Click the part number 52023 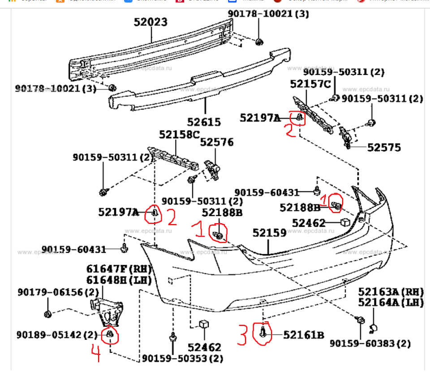coord(150,22)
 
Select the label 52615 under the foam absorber coord(204,121)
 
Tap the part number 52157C coord(310,84)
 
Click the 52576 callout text coord(217,142)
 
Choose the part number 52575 coord(384,147)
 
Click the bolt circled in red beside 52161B coord(263,333)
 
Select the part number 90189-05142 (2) coord(57,335)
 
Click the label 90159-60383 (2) coord(370,344)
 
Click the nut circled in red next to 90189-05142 coord(110,334)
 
